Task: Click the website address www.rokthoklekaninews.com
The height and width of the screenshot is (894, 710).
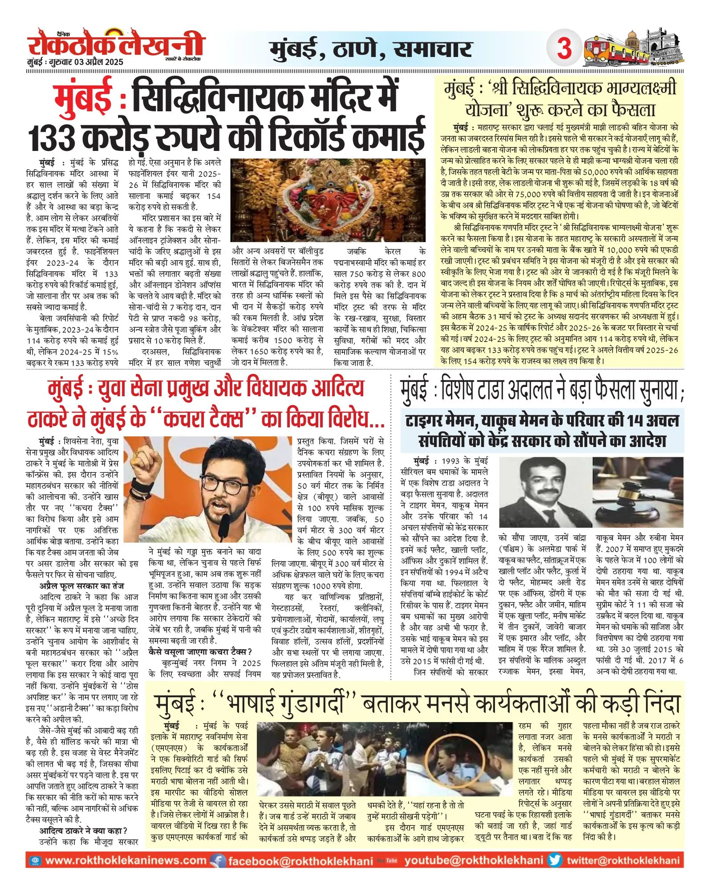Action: (126, 860)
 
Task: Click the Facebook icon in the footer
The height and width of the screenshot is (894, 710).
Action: (218, 861)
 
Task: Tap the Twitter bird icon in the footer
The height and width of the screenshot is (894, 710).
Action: (555, 860)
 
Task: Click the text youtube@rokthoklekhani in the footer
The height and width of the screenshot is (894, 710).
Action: (474, 860)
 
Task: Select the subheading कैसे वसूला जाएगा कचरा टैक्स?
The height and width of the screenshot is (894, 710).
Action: (200, 652)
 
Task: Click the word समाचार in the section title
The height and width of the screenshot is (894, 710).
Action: (433, 49)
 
